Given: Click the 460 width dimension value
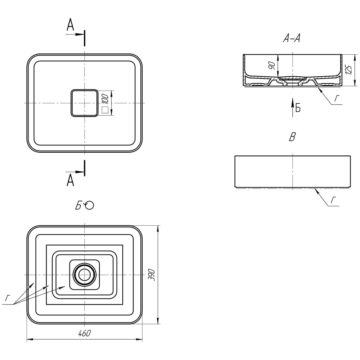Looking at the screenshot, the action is coord(85,333).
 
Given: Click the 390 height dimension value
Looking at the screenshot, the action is coord(152,275).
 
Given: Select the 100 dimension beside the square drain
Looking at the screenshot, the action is coord(105,99).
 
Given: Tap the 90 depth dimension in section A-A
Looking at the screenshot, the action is coord(271,66).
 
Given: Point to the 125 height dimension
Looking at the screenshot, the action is coord(348,70).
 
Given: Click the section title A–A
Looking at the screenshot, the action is coord(292,38).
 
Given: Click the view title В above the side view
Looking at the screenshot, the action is coord(292,137).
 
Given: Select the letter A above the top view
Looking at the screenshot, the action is coord(71,24).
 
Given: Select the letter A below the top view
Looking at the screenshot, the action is coord(71,180).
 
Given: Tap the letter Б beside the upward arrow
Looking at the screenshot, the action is coord(298,108).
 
